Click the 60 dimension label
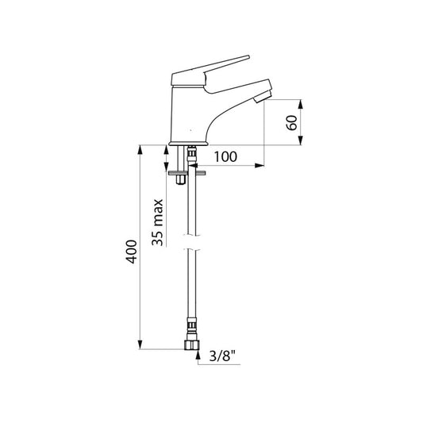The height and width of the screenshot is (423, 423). [291, 123]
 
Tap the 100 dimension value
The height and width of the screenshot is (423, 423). [225, 156]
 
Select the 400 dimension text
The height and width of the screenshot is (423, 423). [132, 252]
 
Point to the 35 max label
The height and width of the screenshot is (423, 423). [158, 222]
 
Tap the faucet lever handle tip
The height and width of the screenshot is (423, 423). [248, 57]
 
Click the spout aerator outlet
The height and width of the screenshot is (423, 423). [262, 97]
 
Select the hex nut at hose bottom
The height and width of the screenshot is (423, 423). [192, 345]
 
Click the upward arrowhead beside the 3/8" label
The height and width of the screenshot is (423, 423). [198, 355]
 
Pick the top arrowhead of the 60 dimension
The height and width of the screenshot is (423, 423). [301, 105]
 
